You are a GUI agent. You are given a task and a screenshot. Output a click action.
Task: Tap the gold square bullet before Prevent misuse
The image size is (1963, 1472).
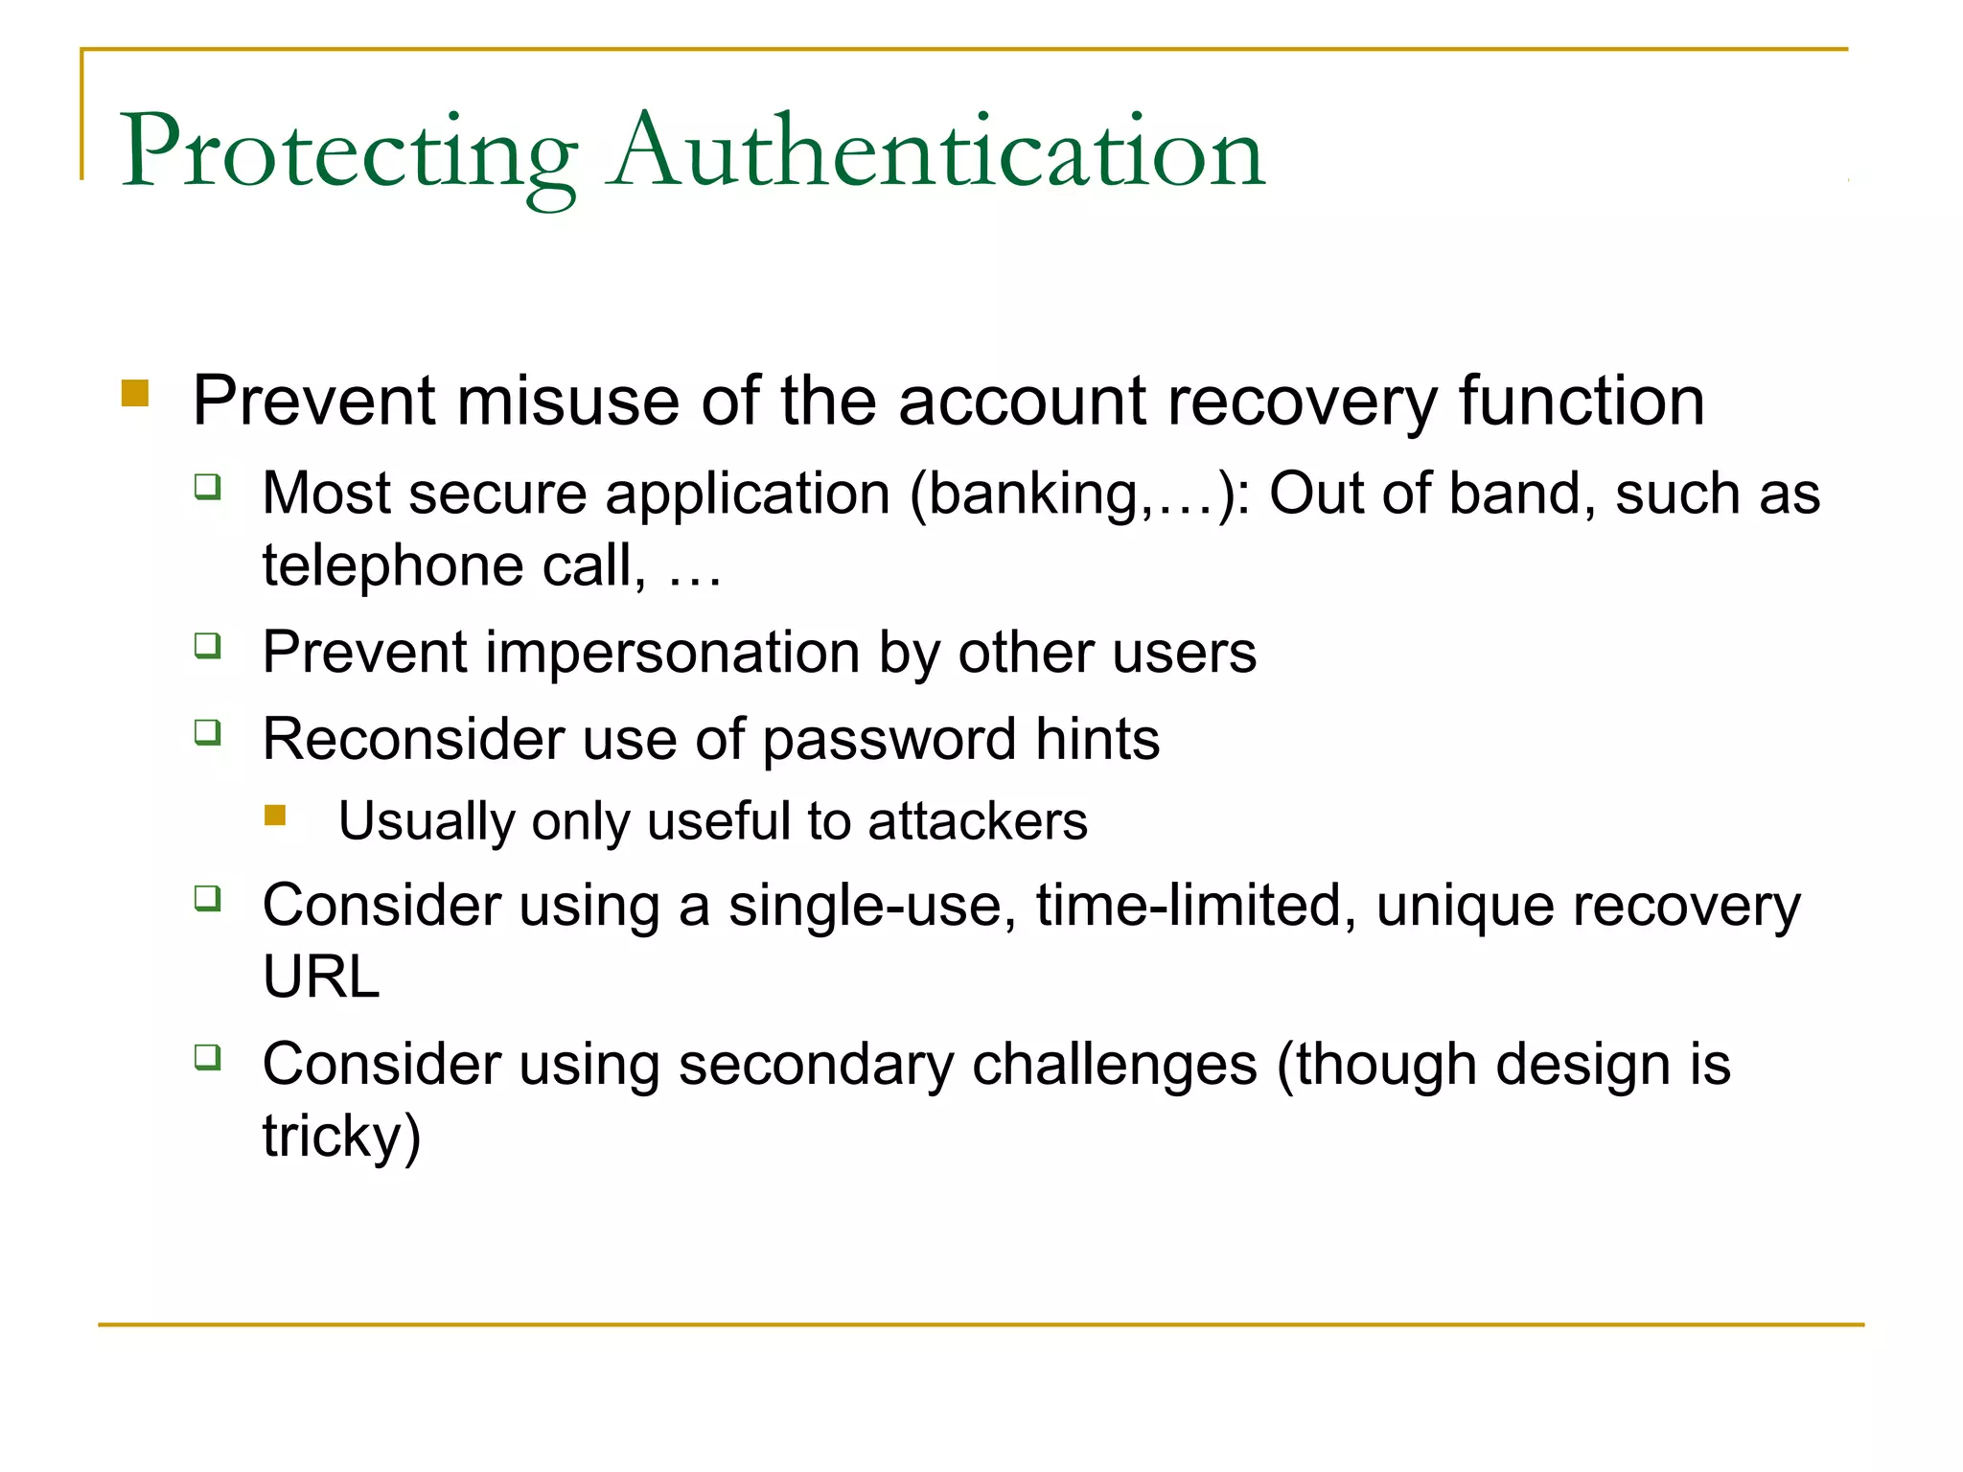(135, 394)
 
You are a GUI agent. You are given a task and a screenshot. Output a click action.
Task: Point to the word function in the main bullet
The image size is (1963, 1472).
(1582, 401)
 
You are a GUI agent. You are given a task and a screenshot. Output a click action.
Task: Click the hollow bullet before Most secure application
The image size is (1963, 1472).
(208, 487)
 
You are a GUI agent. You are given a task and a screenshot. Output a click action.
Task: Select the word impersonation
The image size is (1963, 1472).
(674, 653)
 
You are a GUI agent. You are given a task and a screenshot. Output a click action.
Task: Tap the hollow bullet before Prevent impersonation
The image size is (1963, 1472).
(208, 646)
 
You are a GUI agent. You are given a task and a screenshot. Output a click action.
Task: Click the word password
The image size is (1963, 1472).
(889, 740)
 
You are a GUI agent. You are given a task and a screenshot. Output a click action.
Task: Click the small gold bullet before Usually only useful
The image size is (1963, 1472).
(276, 816)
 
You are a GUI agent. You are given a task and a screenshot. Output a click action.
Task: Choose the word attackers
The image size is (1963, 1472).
(978, 822)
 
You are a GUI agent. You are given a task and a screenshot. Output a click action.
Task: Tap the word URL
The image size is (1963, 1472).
(321, 977)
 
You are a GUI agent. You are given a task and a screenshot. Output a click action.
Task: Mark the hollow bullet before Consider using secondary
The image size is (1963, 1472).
(208, 1058)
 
